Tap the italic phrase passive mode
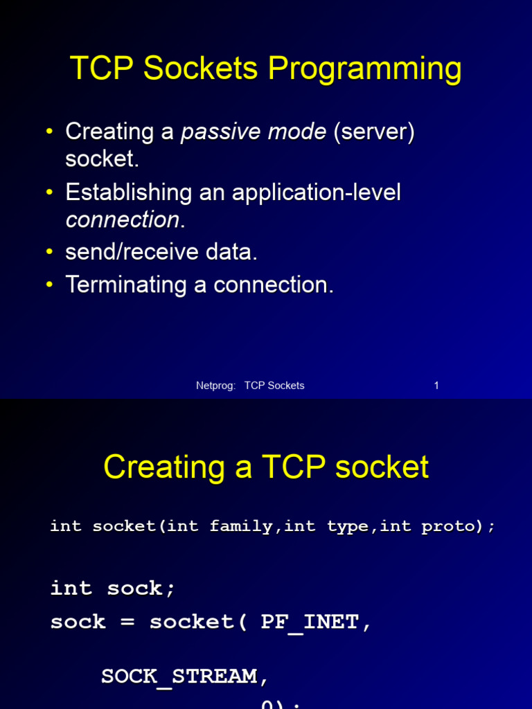(x=254, y=132)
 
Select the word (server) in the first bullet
(x=373, y=132)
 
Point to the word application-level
(x=317, y=192)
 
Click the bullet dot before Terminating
(x=49, y=285)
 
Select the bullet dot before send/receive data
(x=49, y=252)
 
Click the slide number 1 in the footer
(x=436, y=386)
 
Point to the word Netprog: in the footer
(x=216, y=386)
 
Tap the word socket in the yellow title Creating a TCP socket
(x=382, y=467)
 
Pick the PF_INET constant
(x=310, y=622)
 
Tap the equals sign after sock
(x=127, y=622)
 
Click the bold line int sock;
(x=113, y=589)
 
